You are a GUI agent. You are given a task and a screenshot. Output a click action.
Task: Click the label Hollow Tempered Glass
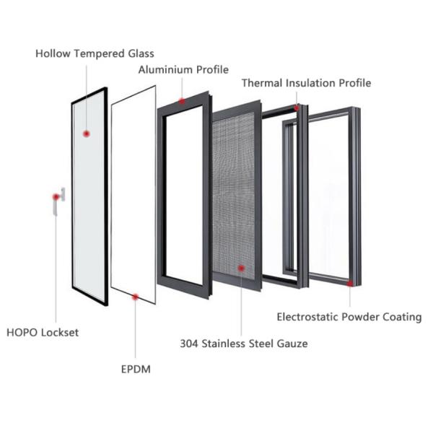[95, 54]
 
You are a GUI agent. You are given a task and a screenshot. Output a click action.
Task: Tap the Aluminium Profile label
[183, 70]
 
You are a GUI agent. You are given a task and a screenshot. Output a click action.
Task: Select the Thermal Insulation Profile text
[306, 83]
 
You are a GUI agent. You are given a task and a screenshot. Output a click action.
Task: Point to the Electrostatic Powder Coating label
[349, 317]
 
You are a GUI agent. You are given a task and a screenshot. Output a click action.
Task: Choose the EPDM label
[136, 369]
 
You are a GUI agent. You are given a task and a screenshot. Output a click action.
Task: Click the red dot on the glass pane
[87, 134]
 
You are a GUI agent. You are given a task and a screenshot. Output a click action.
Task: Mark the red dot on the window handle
[56, 196]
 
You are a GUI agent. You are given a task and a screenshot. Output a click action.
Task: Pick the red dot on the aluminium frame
[182, 101]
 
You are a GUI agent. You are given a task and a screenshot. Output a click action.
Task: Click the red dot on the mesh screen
[240, 268]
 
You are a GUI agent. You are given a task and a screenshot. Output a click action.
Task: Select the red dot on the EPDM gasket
[135, 295]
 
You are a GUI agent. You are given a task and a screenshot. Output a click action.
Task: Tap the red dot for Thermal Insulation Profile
[296, 108]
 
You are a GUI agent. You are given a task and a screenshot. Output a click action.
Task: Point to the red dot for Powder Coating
[349, 284]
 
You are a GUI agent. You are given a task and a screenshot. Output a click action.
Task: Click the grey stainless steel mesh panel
[238, 195]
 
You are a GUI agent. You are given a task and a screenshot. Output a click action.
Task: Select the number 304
[190, 344]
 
